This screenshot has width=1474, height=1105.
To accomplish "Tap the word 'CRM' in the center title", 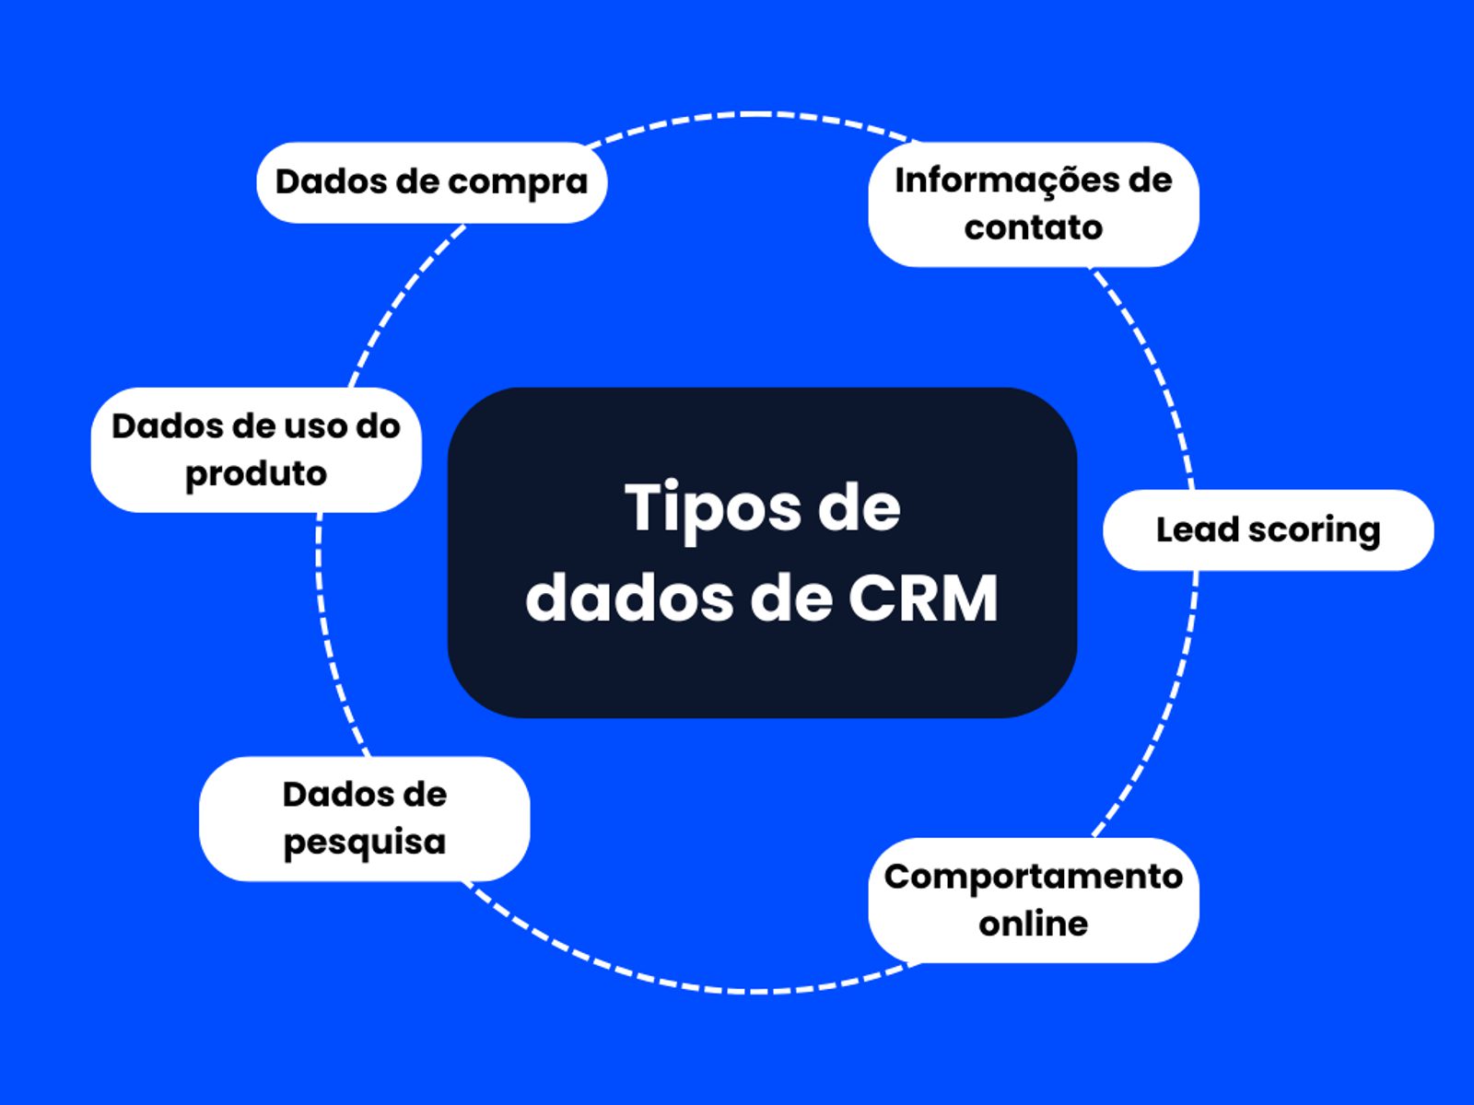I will click(x=923, y=599).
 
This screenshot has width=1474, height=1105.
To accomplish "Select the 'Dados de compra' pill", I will click(x=431, y=182).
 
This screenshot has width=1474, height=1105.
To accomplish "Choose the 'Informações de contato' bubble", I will click(x=1033, y=204).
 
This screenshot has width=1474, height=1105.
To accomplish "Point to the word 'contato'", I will click(x=1033, y=227).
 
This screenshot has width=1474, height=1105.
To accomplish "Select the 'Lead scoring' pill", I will click(x=1268, y=530).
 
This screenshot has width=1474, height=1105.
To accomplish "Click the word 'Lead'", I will click(x=1192, y=529).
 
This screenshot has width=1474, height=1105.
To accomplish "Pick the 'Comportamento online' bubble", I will click(x=1033, y=900).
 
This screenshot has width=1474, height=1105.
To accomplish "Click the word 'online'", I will click(x=1033, y=924).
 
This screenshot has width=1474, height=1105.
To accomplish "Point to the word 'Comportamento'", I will click(x=1033, y=877).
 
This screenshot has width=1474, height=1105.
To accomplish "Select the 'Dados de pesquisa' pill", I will click(x=364, y=819).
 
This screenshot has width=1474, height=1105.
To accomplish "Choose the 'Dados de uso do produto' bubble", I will click(x=256, y=449).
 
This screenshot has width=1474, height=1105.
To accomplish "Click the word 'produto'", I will click(x=256, y=474).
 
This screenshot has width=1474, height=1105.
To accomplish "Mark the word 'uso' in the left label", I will click(x=313, y=426).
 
